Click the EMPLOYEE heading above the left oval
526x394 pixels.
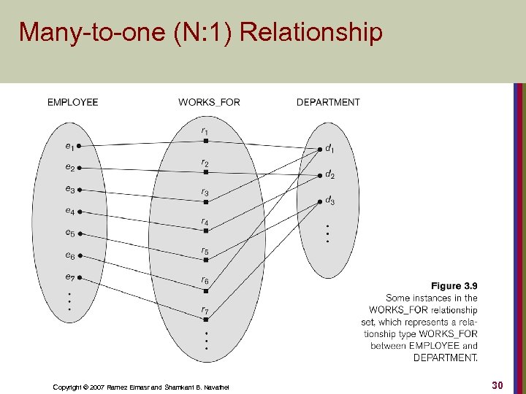(x=72, y=102)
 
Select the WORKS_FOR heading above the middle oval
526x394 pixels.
(x=209, y=102)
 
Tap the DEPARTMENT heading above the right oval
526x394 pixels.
(x=328, y=102)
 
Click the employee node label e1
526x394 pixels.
(x=69, y=146)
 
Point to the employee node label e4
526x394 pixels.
(x=69, y=212)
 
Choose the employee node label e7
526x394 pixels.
(x=69, y=277)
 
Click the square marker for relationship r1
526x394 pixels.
(x=206, y=141)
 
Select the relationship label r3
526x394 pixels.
(x=205, y=193)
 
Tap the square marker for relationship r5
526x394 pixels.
(x=206, y=260)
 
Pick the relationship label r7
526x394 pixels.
(x=205, y=310)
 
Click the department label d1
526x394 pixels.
(x=330, y=149)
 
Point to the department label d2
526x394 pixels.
(x=330, y=175)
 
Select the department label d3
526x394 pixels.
(x=330, y=201)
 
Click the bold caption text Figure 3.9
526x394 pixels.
(x=454, y=286)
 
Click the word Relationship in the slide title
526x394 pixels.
(x=310, y=33)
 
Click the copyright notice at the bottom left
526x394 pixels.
(x=141, y=387)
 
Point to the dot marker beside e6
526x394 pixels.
(x=80, y=255)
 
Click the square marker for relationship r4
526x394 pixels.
(x=206, y=231)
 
